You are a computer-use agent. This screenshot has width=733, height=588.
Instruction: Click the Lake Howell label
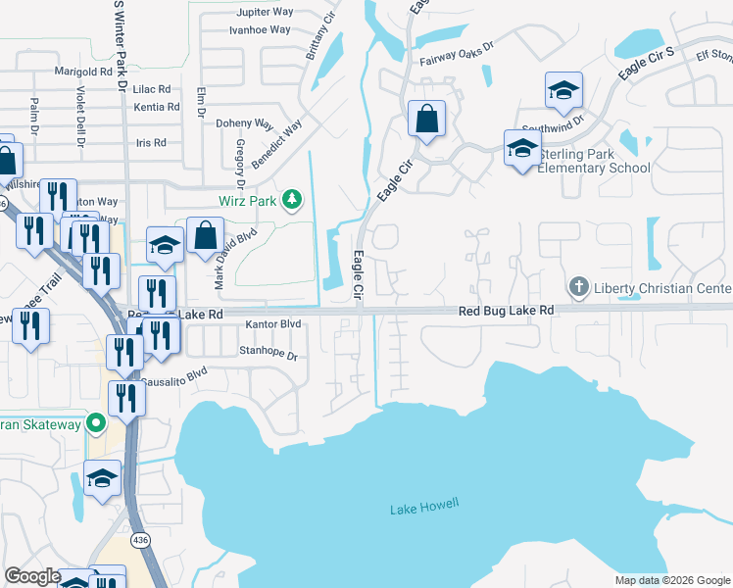point(423,508)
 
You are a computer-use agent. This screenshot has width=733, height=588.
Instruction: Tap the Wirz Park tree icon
point(291,201)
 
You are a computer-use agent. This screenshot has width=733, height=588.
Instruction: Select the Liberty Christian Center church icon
point(578,288)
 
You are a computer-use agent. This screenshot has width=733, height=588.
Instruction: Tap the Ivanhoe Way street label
point(259,29)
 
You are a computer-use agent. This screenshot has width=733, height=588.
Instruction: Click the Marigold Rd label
point(84,72)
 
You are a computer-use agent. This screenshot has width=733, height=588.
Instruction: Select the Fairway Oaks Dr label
point(456,60)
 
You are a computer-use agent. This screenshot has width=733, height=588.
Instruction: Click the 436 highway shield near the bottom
point(142,540)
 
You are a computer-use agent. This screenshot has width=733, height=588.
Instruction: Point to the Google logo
point(32,576)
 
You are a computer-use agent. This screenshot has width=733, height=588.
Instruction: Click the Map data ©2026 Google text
point(672,579)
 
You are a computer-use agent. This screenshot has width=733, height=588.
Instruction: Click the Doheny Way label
point(244,123)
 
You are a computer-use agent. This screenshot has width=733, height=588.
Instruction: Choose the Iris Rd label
point(151,142)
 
